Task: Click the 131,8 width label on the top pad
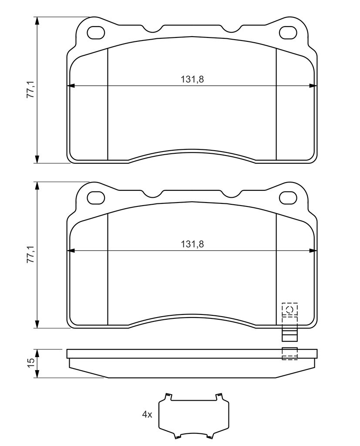pos(192,79)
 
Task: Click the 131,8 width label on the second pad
pos(192,244)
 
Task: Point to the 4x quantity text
pos(147,415)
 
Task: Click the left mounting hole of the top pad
pos(96,33)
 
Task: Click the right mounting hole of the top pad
pos(288,33)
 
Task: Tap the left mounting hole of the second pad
pos(96,198)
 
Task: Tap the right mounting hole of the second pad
pos(288,198)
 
